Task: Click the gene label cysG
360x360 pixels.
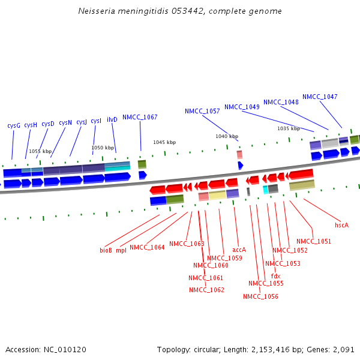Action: pyautogui.click(x=14, y=125)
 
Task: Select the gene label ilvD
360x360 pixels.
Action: pyautogui.click(x=112, y=119)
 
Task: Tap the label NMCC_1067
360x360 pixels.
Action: pyautogui.click(x=140, y=117)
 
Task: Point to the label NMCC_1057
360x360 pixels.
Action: pyautogui.click(x=202, y=111)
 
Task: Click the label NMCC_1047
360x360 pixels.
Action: pyautogui.click(x=320, y=97)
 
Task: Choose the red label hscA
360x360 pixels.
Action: pyautogui.click(x=341, y=225)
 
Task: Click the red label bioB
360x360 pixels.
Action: pyautogui.click(x=106, y=250)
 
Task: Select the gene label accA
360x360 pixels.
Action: pyautogui.click(x=239, y=250)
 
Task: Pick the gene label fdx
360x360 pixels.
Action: pyautogui.click(x=275, y=276)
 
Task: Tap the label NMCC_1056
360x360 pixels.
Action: pyautogui.click(x=260, y=296)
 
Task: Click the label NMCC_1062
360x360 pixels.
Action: pyautogui.click(x=206, y=290)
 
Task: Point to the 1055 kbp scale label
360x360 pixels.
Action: pyautogui.click(x=40, y=151)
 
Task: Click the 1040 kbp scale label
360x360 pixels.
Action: pyautogui.click(x=227, y=136)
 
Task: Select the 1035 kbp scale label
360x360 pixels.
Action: pyautogui.click(x=288, y=128)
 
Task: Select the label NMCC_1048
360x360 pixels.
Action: pyautogui.click(x=281, y=102)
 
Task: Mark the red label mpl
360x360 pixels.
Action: pyautogui.click(x=121, y=250)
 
